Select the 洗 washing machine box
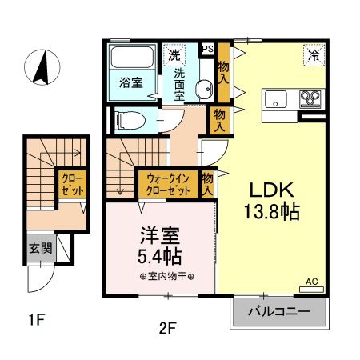tap(174, 55)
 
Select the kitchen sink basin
tap(277, 100)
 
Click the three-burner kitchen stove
tap(310, 99)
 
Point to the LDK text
tap(272, 192)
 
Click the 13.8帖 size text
tap(272, 213)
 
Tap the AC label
tap(313, 282)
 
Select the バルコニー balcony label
tap(279, 311)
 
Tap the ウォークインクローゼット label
tap(167, 186)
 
